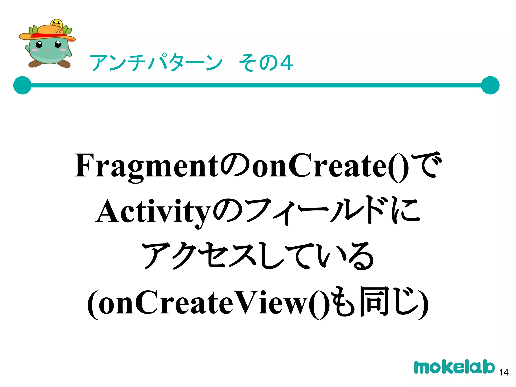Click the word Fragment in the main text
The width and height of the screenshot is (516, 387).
(x=146, y=166)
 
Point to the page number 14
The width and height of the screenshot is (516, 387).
(x=504, y=372)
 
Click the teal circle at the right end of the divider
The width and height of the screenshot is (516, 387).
(x=490, y=85)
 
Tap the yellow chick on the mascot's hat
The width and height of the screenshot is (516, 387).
(x=57, y=23)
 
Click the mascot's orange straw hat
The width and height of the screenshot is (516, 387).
(x=48, y=33)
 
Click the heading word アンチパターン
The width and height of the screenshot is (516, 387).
(x=156, y=62)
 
